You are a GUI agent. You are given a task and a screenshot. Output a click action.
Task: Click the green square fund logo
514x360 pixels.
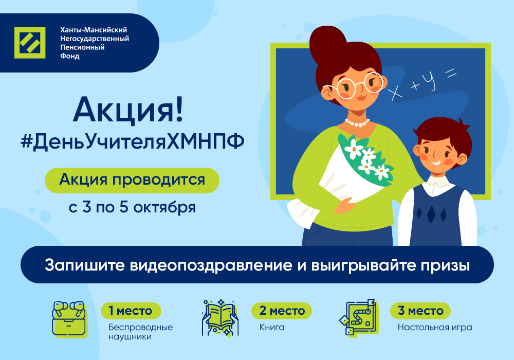30,43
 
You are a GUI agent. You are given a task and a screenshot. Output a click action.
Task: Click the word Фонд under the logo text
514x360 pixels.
70,56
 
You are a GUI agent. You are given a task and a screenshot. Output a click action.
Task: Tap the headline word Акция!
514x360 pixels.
128,110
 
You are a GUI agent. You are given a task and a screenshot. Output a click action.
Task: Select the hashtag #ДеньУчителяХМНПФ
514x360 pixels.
133,142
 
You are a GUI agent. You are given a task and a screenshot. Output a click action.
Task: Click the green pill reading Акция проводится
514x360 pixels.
132,181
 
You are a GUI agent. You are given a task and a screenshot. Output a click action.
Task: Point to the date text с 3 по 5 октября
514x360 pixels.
132,208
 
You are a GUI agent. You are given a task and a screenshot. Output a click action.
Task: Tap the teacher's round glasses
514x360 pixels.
353,86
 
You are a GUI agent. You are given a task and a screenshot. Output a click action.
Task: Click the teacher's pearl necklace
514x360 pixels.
357,123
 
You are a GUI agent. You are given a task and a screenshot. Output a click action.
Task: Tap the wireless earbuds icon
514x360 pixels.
70,319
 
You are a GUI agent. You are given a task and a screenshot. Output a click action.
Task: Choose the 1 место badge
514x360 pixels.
131,311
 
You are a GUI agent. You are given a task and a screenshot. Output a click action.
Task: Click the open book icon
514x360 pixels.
221,317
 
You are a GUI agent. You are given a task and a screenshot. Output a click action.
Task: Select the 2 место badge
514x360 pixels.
282,311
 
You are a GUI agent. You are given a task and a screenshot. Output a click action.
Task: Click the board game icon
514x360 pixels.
359,317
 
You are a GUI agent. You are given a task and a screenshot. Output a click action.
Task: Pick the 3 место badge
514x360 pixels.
420,311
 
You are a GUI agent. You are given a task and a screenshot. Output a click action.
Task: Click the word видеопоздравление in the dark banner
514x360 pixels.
211,265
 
